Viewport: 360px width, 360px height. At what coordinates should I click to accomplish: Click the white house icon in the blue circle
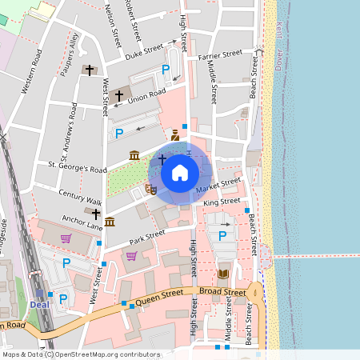coord(180,172)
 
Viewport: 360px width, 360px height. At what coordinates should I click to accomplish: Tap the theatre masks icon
coord(150,190)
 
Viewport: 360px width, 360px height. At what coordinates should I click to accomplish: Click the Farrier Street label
coord(220,55)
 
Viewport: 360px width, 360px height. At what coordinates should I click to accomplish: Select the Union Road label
coord(146,98)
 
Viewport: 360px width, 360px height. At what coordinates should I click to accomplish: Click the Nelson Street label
coord(113,23)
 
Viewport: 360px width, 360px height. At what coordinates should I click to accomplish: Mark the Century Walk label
coord(80,198)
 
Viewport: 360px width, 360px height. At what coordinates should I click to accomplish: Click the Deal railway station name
coord(40,305)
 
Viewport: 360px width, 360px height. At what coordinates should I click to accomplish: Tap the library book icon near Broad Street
coord(222,274)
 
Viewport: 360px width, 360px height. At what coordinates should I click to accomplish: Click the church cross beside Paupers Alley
coord(90,70)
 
